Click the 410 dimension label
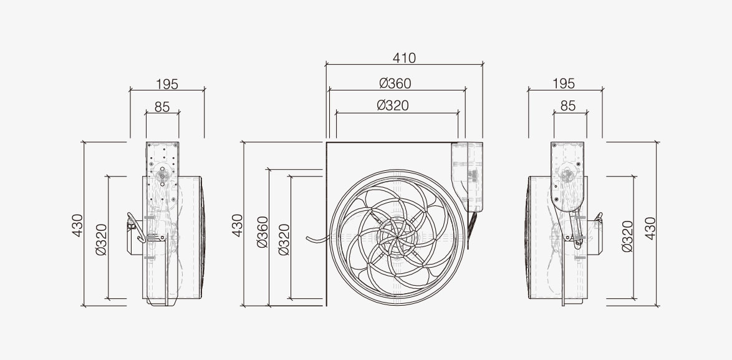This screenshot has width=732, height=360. (404, 58)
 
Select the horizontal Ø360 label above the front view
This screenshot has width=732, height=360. (395, 84)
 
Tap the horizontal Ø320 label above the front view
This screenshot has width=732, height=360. (393, 105)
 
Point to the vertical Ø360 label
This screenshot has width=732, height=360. (262, 231)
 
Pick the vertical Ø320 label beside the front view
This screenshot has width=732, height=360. (284, 240)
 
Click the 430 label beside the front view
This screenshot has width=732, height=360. (238, 225)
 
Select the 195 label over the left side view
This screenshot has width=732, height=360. (166, 84)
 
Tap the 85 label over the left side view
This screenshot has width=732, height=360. (162, 107)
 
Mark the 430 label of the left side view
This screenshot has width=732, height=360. (77, 225)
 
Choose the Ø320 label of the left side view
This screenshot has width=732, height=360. (101, 240)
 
